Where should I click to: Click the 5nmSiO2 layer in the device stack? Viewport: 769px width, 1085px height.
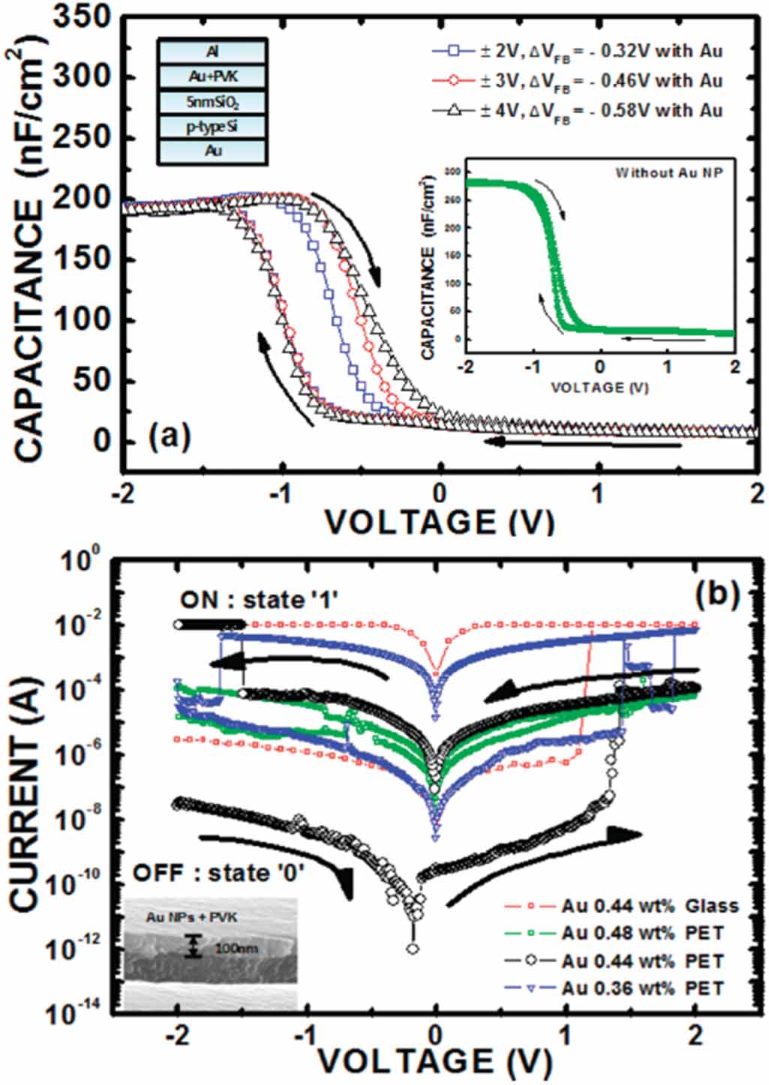212,101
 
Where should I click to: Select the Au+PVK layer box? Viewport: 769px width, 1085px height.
212,76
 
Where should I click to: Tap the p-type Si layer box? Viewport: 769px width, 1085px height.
212,126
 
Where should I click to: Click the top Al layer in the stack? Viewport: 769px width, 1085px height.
212,52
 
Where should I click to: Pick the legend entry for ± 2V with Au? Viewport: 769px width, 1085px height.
578,51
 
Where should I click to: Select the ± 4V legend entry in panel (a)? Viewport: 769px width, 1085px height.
578,111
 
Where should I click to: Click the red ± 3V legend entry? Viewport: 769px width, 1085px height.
578,81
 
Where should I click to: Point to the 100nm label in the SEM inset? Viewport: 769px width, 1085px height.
236,948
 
